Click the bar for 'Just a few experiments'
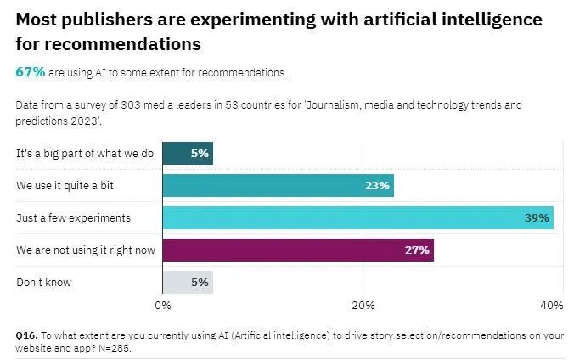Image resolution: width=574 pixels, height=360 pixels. coord(357,218)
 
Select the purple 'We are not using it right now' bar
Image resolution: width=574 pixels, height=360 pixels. coord(297,250)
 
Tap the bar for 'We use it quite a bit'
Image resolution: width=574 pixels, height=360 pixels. coord(278,186)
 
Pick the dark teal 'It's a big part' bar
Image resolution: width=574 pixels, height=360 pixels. coord(187,155)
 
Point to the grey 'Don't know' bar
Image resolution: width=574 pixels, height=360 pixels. coord(187,282)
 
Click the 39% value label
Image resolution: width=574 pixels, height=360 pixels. coord(537,218)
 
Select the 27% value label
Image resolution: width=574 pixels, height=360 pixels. coord(419,250)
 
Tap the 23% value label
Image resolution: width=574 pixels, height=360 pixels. coord(378,186)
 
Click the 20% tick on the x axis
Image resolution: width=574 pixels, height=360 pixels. coord(363,305)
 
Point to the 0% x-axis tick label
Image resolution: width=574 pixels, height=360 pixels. coord(163,305)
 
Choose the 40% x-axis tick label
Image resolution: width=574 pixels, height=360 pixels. coord(551,305)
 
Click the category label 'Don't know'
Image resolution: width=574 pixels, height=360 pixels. coord(44,282)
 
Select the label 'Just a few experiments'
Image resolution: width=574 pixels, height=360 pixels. coord(73,218)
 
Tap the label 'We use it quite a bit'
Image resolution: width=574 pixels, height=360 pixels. coord(68,186)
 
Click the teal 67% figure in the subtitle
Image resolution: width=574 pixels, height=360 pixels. coord(31,72)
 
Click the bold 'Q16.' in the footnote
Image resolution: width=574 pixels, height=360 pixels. coord(27,335)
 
